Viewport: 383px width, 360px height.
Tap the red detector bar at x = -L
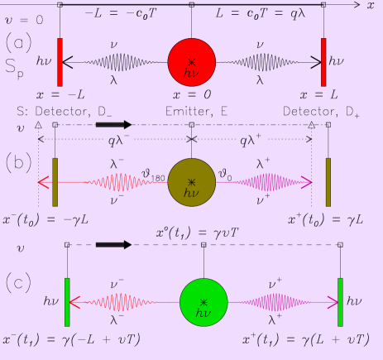[x=60, y=60]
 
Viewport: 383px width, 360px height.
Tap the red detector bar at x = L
[x=323, y=60]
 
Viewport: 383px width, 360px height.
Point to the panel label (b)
[x=18, y=161]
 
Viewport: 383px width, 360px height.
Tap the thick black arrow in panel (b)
[x=113, y=124]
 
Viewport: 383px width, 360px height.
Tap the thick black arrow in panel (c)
[x=113, y=245]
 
